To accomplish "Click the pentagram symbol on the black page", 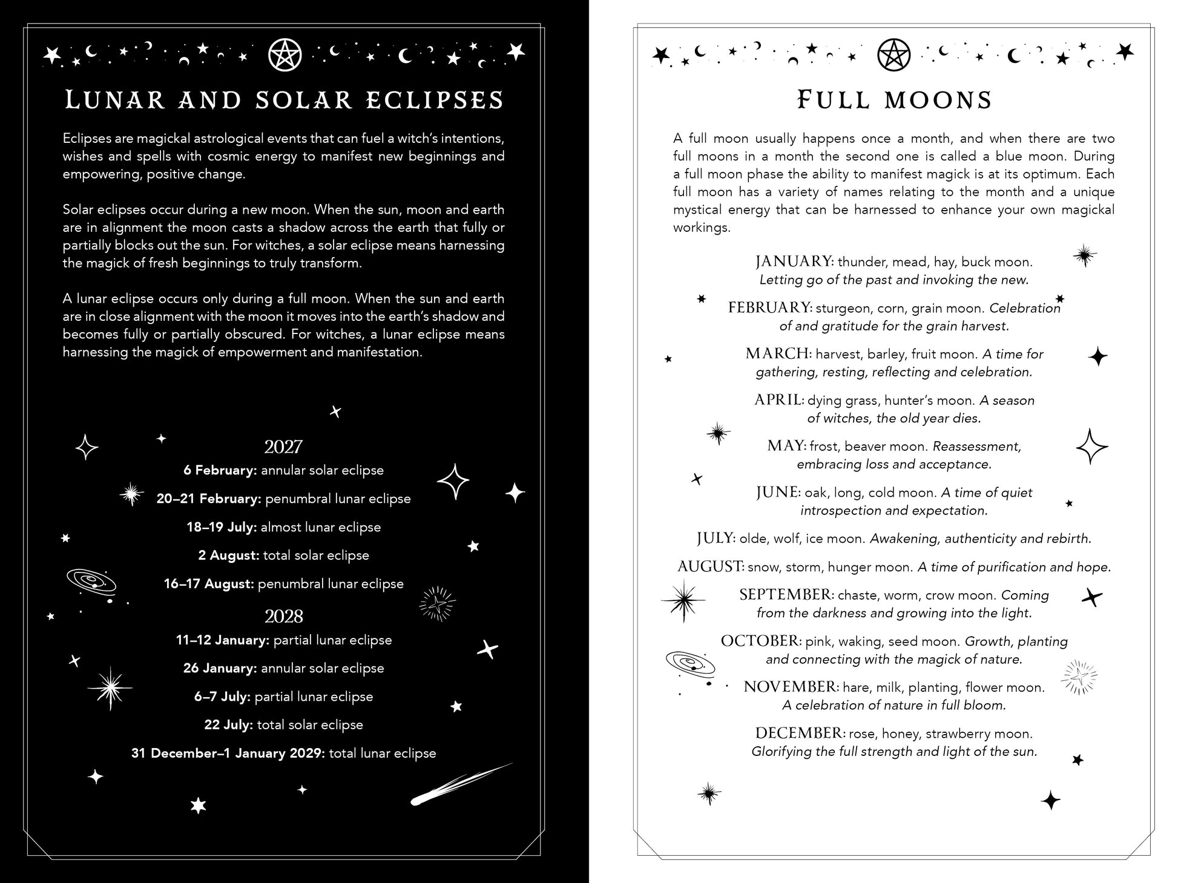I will [284, 55].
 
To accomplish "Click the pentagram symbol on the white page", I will [893, 55].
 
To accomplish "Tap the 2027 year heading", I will [283, 447].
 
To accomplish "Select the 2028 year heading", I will [283, 617].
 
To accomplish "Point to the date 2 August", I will [228, 556].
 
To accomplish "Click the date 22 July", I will [228, 725].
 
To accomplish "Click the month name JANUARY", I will [794, 262].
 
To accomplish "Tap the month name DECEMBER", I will [800, 734].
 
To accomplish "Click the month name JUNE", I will [778, 493].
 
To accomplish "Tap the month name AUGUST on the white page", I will [711, 567].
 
